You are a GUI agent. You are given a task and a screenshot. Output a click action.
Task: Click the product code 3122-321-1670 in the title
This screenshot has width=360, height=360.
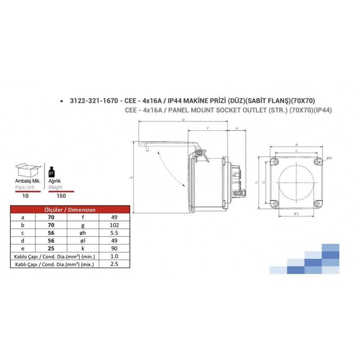[93, 101]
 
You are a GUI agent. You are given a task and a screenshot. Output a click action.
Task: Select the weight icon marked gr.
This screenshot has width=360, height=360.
[53, 171]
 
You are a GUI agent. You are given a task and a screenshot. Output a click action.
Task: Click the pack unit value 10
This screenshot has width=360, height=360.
[26, 196]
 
